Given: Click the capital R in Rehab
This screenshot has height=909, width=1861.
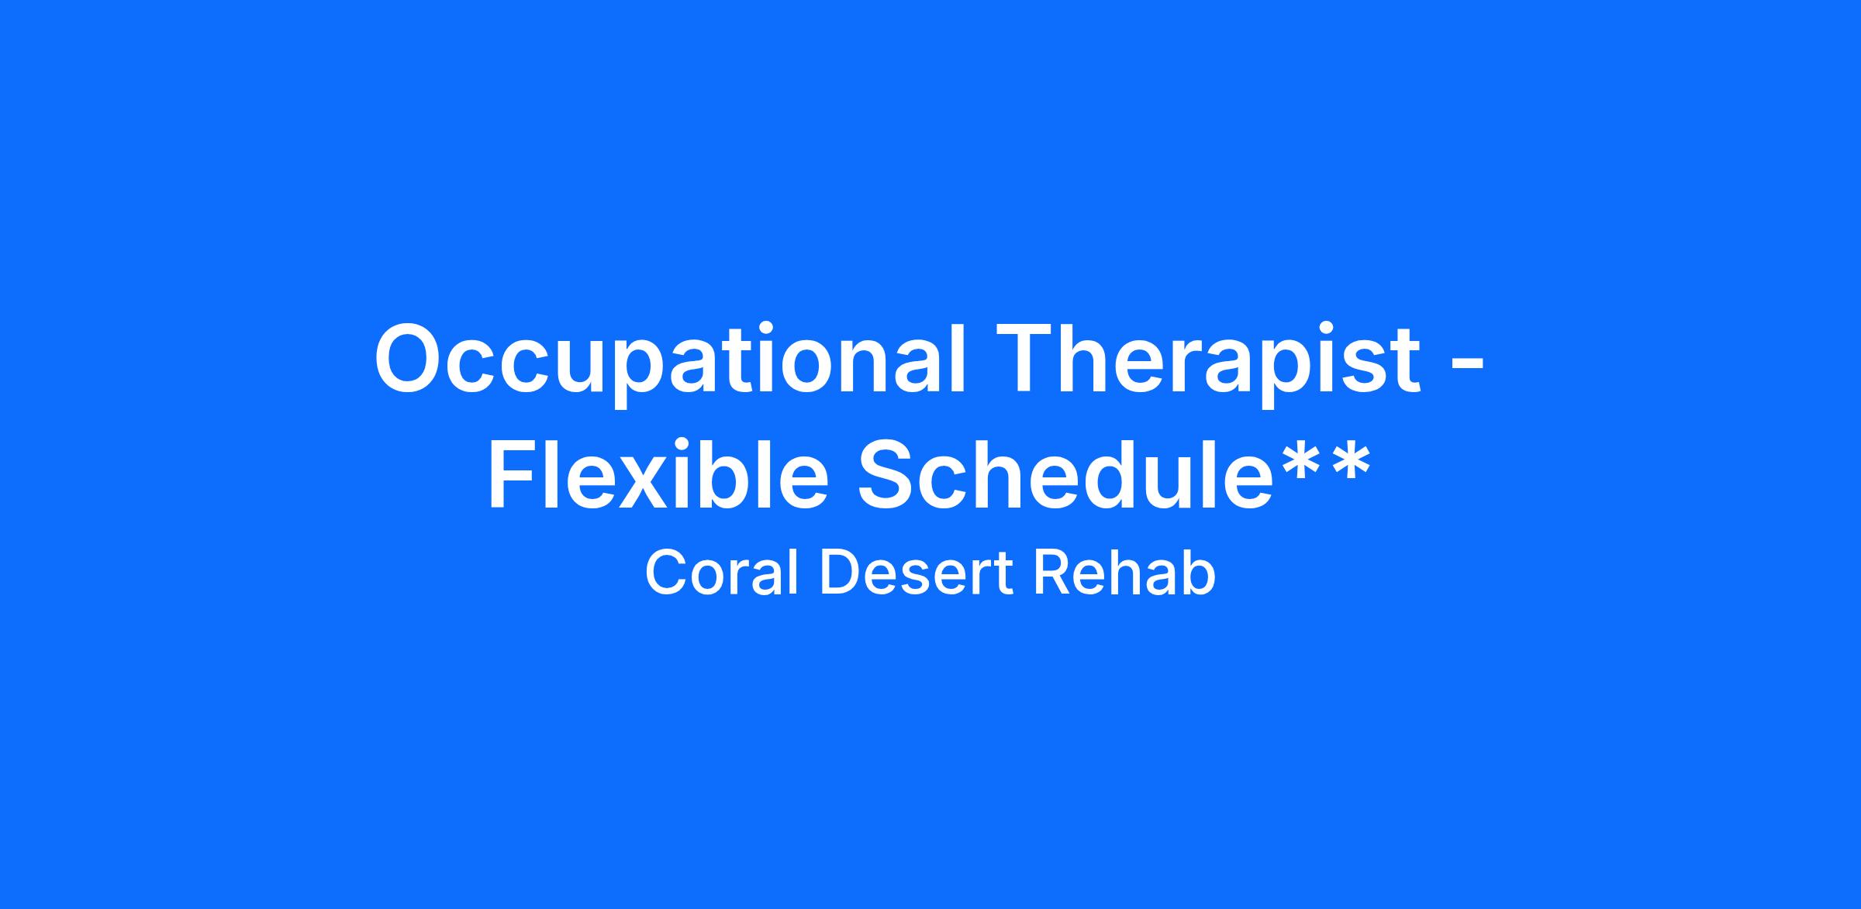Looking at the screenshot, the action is pos(1052,573).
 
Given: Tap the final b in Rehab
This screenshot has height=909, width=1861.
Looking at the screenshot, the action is pos(1199,573).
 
